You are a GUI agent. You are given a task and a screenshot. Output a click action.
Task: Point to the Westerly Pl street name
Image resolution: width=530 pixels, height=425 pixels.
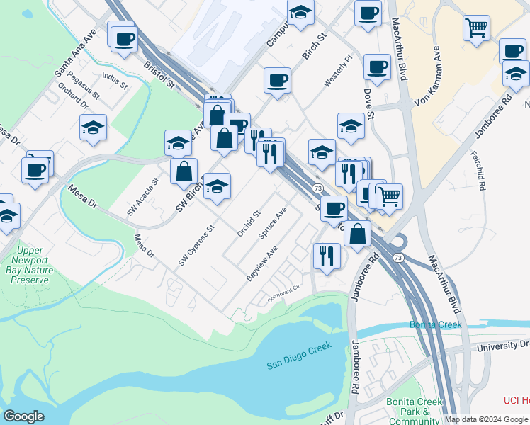pos(338,72)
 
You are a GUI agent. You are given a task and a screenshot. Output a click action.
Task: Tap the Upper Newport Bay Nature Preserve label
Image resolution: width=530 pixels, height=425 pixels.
pos(30,265)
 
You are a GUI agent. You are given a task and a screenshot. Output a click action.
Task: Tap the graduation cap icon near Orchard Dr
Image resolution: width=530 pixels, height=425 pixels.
pos(93,128)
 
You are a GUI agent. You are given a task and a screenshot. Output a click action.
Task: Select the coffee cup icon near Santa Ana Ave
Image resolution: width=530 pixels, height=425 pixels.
pos(124,38)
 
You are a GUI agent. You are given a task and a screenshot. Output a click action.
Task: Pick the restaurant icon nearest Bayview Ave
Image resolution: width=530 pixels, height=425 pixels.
pos(326,254)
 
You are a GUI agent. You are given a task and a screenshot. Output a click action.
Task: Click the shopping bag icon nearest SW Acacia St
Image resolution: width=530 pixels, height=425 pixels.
pos(184,171)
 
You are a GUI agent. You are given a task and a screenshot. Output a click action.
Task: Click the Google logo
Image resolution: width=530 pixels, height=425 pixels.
pos(23,416)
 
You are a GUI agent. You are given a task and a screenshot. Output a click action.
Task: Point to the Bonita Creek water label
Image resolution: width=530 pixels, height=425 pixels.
pos(435,325)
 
